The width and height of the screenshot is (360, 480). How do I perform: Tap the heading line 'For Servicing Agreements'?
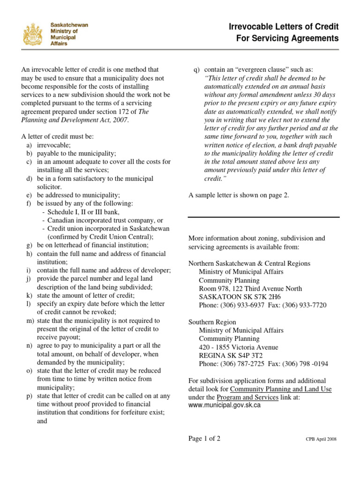click(x=287, y=38)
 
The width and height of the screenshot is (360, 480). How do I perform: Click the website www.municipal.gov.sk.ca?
click(x=225, y=405)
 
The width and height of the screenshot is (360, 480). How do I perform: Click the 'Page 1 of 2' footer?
click(x=204, y=439)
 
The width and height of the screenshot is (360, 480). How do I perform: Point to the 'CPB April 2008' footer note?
click(x=321, y=439)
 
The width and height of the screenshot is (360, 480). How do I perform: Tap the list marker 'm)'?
click(x=29, y=321)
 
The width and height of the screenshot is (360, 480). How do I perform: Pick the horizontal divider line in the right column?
click(x=263, y=217)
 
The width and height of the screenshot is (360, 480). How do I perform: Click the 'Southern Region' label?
click(x=212, y=322)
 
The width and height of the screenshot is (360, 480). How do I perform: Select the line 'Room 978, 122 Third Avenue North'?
click(x=250, y=289)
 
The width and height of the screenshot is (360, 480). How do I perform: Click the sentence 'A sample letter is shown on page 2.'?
click(x=239, y=195)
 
